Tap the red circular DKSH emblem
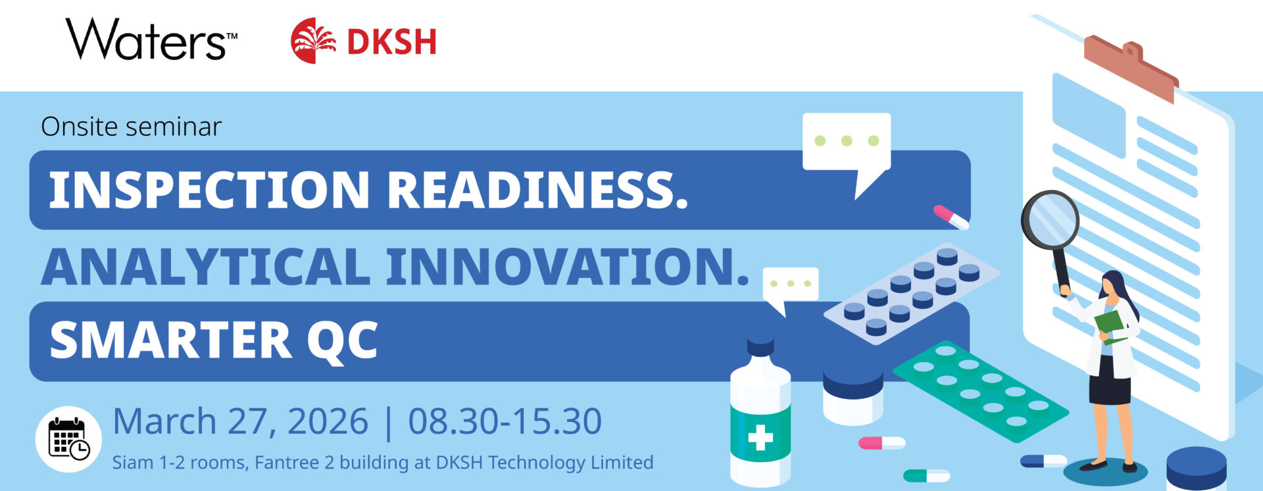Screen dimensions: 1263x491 313,41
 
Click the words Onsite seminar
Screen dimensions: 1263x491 131,126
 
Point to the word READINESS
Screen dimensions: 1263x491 537,190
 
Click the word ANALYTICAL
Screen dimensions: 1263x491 205,267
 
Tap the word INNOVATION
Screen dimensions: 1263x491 568,267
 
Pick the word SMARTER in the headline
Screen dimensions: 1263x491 170,340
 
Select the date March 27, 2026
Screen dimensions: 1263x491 240,421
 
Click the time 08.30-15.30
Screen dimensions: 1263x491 505,421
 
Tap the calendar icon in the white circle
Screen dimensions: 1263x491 69,438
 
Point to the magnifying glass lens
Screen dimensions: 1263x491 1051,220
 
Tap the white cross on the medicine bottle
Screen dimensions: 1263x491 760,438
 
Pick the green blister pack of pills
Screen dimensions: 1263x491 980,391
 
